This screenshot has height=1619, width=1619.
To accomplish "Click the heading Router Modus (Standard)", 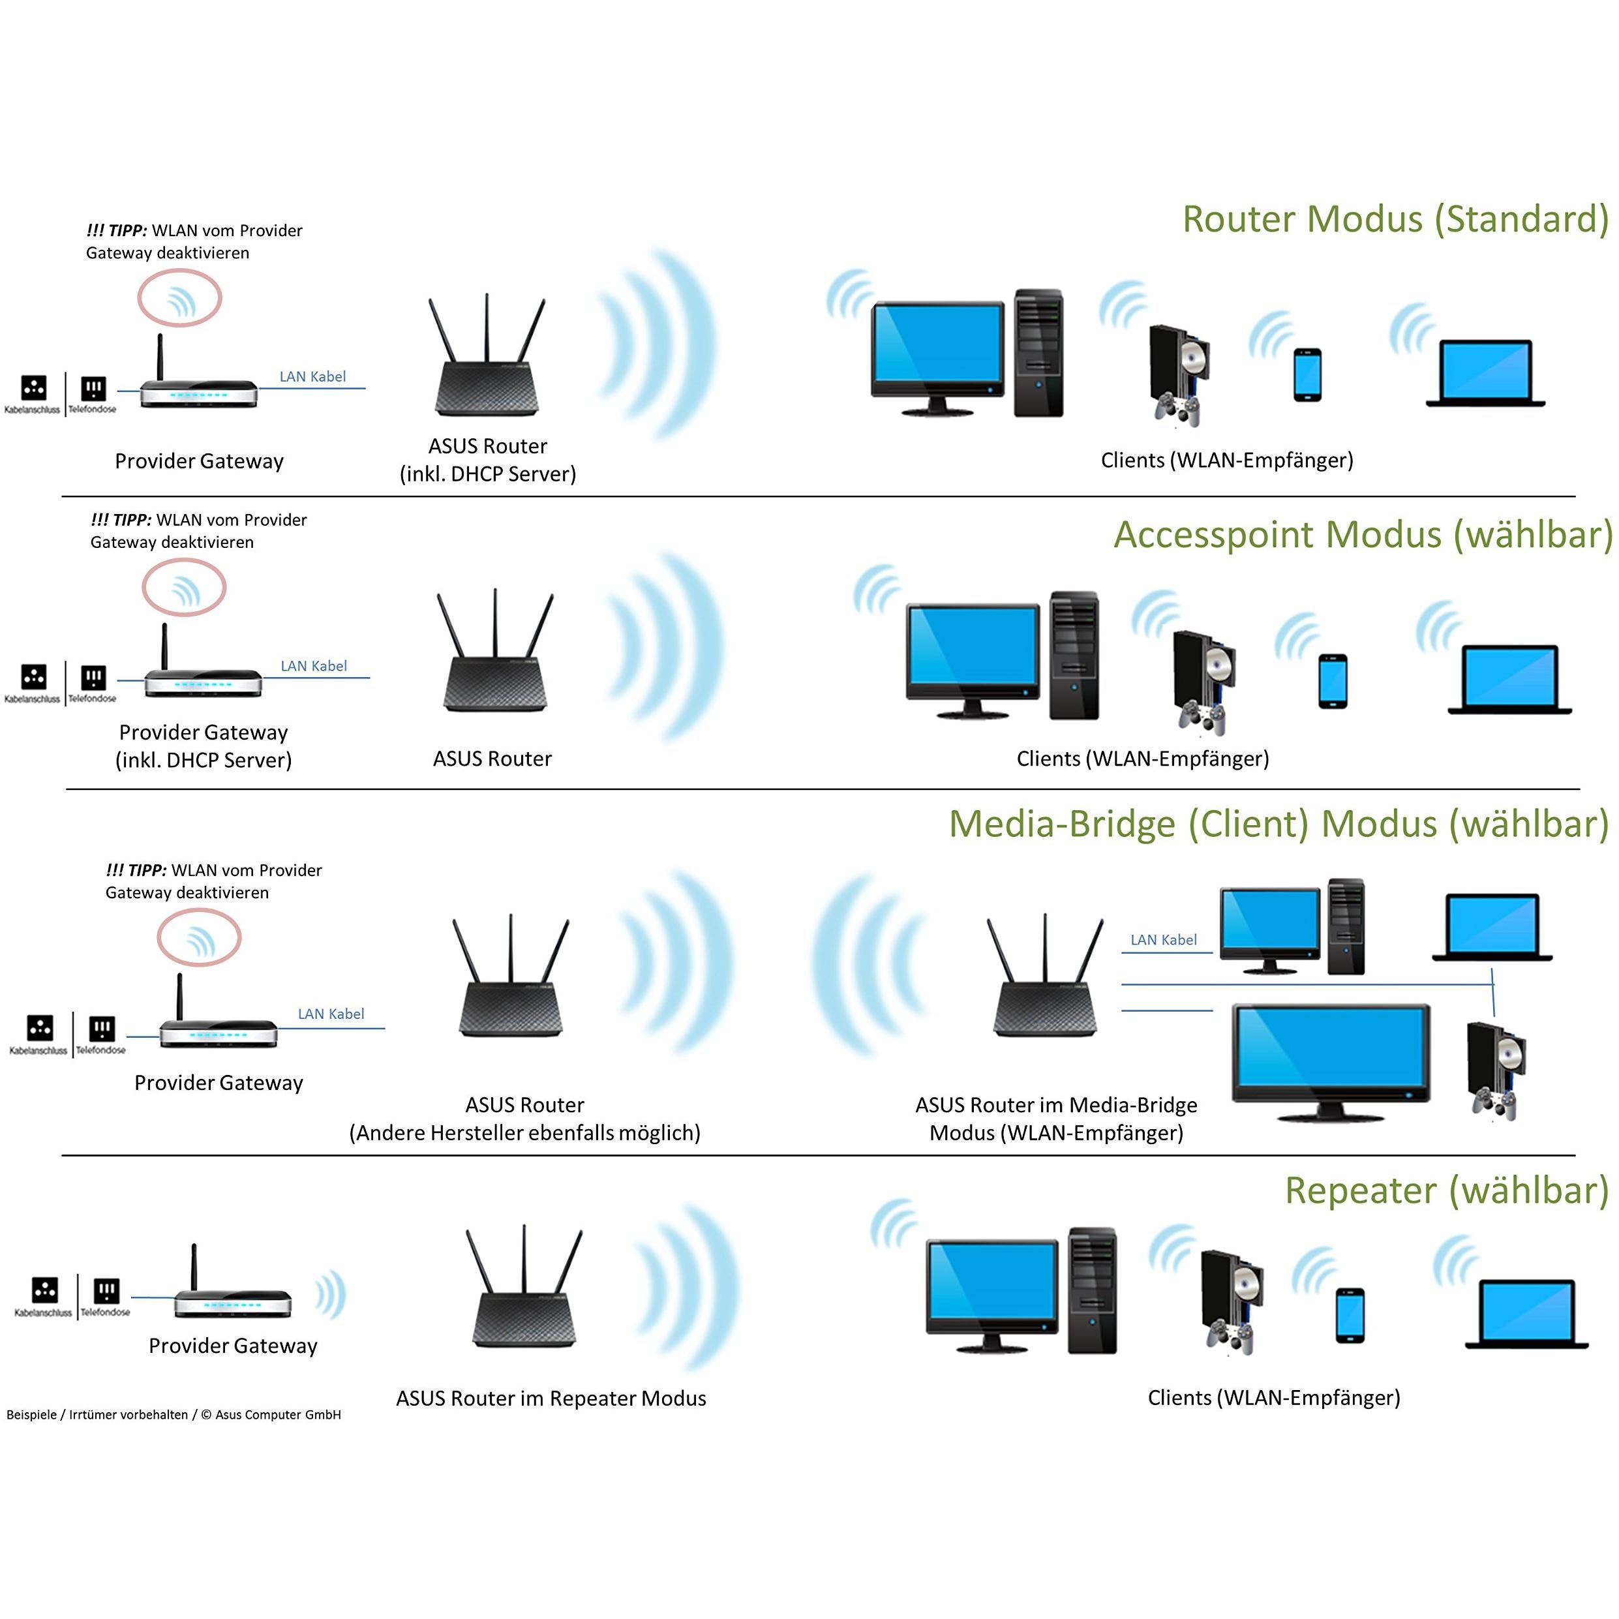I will pyautogui.click(x=1395, y=220).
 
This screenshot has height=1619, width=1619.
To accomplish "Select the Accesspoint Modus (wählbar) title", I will pyautogui.click(x=1363, y=535).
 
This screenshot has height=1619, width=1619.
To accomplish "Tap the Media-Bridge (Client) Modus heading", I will pyautogui.click(x=1278, y=824).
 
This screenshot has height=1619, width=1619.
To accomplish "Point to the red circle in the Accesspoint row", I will pyautogui.click(x=183, y=588).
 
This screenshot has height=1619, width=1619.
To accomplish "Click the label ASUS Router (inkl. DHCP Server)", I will pyautogui.click(x=488, y=460).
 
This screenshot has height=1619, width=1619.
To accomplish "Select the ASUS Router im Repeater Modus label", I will pyautogui.click(x=551, y=1399).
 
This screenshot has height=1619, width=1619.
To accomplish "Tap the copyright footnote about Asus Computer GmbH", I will pyautogui.click(x=174, y=1415).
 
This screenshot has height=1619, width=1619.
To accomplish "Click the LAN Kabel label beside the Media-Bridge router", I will pyautogui.click(x=1163, y=940).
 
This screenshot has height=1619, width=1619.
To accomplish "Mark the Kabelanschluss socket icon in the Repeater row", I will pyautogui.click(x=44, y=1290).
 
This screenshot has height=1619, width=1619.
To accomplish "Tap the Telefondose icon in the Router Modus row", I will pyautogui.click(x=93, y=388).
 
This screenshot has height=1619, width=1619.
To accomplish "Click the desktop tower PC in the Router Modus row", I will pyautogui.click(x=1038, y=354).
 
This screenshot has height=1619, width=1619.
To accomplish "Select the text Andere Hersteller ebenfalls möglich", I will pyautogui.click(x=524, y=1133).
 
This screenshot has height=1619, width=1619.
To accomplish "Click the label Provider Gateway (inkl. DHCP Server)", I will pyautogui.click(x=204, y=746).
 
